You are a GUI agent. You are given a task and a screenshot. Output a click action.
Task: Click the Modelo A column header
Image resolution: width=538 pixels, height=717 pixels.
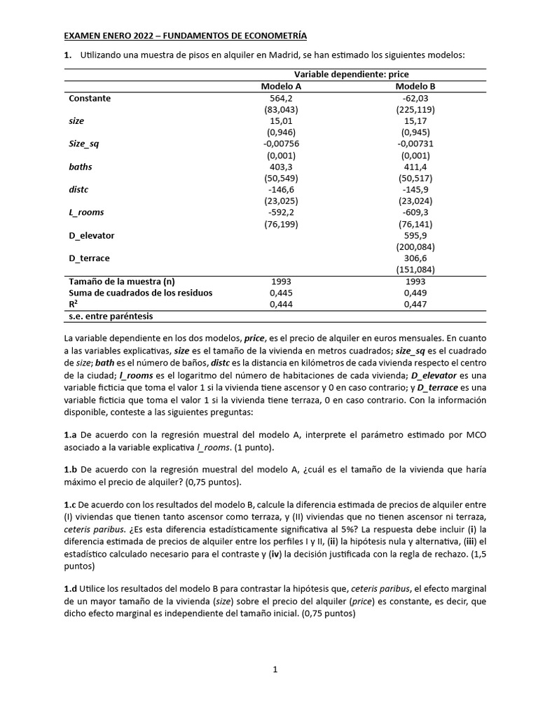coord(281,86)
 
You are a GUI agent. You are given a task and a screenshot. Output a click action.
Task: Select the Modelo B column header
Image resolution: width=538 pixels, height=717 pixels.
coord(415,86)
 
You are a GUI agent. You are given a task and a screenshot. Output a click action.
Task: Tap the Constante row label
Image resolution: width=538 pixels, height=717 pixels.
coord(90,98)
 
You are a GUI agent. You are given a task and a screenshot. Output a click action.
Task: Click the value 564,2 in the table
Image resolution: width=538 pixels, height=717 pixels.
coord(281,98)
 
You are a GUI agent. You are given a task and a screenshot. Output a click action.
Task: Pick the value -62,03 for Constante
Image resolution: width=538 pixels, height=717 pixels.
coord(415,98)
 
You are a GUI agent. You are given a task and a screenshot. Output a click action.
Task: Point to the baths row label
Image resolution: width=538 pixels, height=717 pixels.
coord(81,167)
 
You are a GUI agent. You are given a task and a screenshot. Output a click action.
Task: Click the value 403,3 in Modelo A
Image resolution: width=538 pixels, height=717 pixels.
coord(281,167)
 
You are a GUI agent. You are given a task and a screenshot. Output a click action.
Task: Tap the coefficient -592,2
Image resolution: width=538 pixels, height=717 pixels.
coord(281,212)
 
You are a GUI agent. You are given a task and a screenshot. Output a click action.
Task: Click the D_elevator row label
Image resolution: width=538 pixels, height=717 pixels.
coord(92,235)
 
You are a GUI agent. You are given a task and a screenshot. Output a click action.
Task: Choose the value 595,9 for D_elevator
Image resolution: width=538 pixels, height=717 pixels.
coord(415,235)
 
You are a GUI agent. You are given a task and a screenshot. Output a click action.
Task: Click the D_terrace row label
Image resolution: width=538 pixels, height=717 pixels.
coord(89,258)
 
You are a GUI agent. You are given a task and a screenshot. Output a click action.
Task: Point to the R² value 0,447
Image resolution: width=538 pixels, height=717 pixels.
coord(415,305)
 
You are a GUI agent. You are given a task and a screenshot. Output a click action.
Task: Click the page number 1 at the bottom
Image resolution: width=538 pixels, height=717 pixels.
coord(275,669)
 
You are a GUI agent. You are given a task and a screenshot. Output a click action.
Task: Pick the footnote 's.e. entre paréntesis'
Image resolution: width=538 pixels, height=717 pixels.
coord(111,316)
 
